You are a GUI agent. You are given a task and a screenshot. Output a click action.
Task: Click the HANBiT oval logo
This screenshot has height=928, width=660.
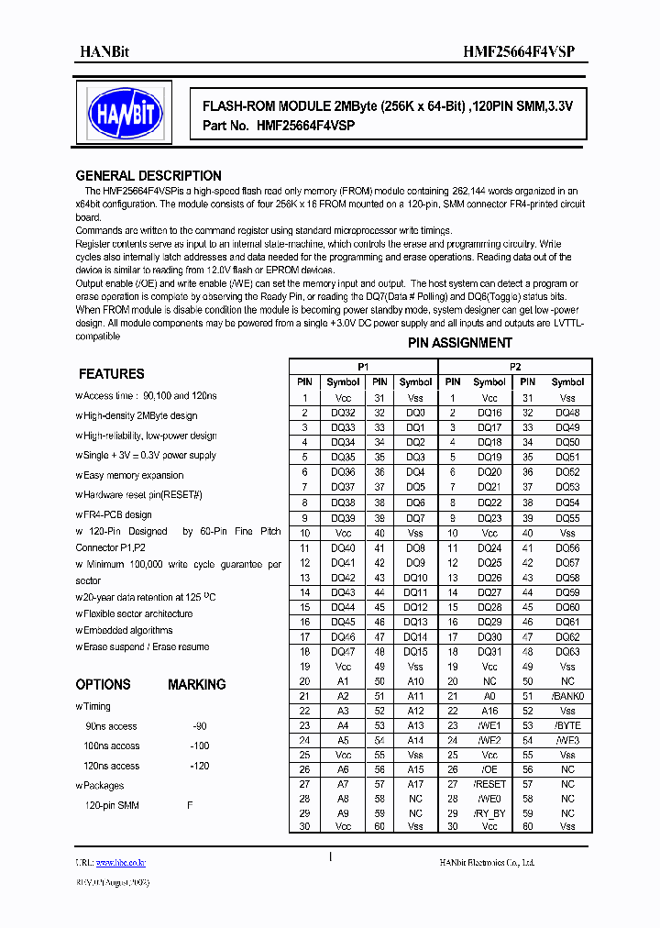125,113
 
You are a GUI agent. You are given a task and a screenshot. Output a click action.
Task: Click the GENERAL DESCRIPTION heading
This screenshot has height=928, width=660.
148,176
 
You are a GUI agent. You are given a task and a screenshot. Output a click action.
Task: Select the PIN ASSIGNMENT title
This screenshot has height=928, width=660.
459,343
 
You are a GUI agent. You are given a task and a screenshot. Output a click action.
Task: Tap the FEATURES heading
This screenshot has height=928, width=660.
111,374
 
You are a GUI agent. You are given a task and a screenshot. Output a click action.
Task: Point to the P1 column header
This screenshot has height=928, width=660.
363,366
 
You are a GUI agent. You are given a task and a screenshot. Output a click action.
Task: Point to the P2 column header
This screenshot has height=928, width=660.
515,366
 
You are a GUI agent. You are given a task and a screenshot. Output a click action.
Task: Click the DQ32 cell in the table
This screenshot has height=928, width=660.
343,413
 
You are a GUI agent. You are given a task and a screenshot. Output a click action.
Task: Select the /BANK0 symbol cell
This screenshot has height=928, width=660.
567,696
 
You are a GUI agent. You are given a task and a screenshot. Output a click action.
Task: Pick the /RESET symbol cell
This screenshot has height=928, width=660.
489,784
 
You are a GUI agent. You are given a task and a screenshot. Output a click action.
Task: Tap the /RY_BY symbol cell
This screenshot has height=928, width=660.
489,813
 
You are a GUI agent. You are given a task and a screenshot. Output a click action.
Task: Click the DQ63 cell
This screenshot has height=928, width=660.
567,651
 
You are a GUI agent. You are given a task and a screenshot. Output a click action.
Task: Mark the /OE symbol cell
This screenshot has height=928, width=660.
489,769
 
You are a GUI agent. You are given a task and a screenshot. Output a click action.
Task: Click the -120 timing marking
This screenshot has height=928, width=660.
199,766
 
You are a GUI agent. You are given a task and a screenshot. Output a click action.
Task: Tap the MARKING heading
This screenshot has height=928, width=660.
196,685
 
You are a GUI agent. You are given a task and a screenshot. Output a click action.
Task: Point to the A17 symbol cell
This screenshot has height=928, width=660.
415,784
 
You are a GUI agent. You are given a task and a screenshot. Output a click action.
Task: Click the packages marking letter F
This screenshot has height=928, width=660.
190,805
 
